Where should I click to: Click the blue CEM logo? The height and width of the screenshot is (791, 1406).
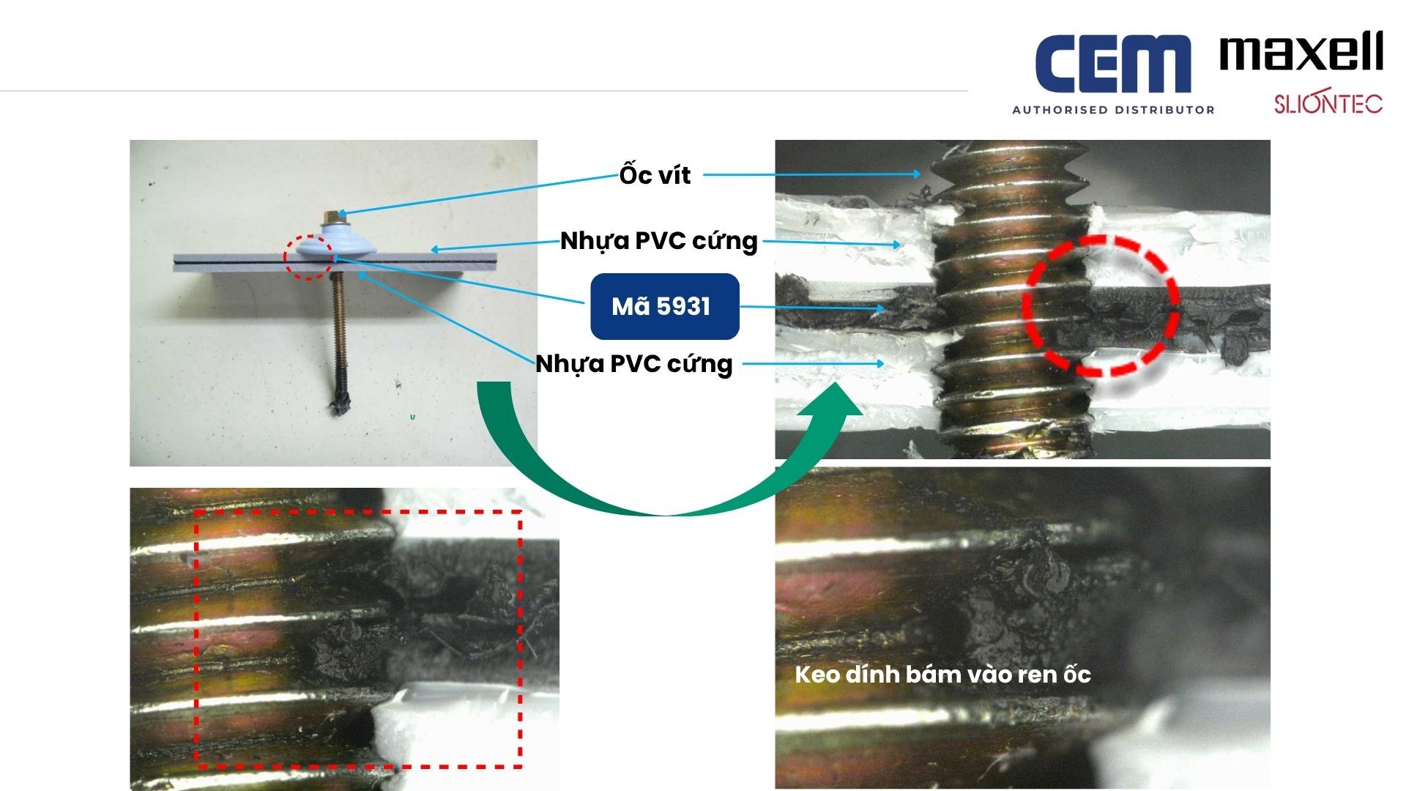[x=1113, y=64]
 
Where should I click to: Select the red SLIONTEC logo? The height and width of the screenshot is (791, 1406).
[x=1328, y=103]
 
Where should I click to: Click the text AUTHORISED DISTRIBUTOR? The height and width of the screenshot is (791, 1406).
[x=1113, y=110]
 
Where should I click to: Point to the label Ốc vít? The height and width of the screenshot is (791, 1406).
[x=655, y=175]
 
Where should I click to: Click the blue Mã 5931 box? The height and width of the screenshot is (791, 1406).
[x=665, y=306]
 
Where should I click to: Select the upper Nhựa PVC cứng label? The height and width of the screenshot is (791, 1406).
[x=658, y=241]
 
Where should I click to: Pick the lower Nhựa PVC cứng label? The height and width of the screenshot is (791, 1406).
[x=634, y=364]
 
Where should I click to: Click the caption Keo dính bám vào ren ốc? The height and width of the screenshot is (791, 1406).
[x=942, y=675]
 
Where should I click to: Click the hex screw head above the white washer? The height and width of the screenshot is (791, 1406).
[x=332, y=217]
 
